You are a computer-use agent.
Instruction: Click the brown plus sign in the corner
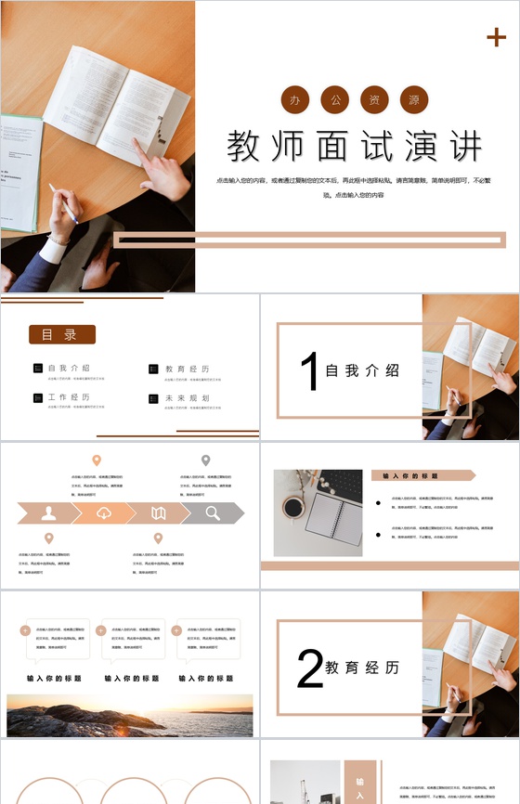[x=496, y=37]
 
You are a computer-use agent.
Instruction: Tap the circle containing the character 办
[x=295, y=99]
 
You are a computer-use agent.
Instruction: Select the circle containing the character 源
[x=413, y=99]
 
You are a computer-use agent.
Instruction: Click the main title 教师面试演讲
[x=356, y=147]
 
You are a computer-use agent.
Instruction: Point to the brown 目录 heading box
[x=62, y=334]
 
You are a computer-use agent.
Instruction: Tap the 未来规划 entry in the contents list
[x=187, y=397]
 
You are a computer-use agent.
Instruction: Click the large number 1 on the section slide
[x=308, y=371]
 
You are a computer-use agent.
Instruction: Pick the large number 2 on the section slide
[x=309, y=668]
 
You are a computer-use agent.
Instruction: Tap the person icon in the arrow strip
[x=49, y=512]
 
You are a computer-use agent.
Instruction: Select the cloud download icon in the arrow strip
[x=104, y=512]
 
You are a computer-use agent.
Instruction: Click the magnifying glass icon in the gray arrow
[x=213, y=512]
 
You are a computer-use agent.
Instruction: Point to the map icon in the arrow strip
[x=159, y=512]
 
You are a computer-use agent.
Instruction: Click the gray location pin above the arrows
[x=206, y=460]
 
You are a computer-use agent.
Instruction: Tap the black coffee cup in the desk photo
[x=292, y=508]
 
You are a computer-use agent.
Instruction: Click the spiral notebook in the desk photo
[x=334, y=517]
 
